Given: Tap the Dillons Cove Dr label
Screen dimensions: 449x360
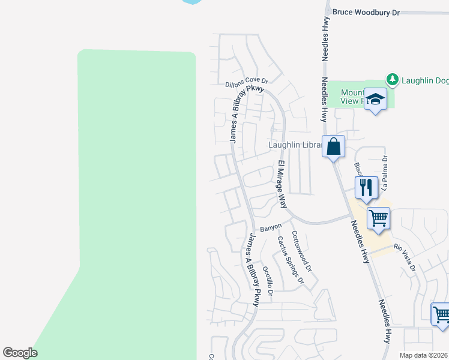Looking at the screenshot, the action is (x=246, y=83).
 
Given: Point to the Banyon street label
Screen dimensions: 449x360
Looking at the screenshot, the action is (x=271, y=229).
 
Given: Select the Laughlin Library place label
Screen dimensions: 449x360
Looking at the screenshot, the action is (x=294, y=145).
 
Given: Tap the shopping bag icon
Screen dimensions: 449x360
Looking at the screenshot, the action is (x=333, y=146).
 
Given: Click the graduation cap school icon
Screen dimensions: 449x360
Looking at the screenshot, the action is (x=376, y=100).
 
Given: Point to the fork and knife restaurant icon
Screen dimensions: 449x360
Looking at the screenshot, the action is (x=366, y=187).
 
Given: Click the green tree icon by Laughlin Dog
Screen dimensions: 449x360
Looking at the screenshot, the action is (x=392, y=79).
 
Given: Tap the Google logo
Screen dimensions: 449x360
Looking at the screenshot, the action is (x=20, y=353).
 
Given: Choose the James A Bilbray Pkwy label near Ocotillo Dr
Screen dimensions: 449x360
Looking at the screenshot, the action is (x=252, y=270).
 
